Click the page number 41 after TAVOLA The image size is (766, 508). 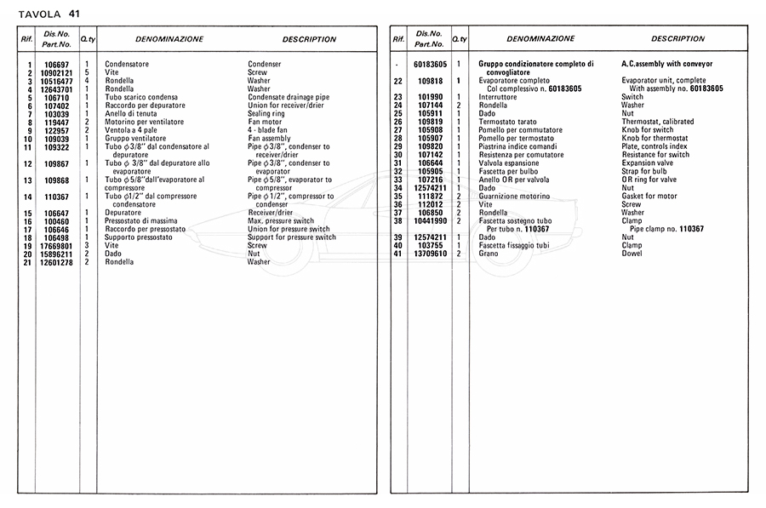tap(75, 14)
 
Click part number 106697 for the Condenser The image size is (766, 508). tap(57, 65)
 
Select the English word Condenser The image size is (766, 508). tap(264, 65)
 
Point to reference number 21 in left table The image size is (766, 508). tap(28, 262)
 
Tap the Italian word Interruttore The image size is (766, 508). tap(500, 97)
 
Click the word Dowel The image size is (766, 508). tap(632, 254)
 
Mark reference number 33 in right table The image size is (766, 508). tap(397, 180)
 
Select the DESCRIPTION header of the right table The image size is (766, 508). tap(677, 39)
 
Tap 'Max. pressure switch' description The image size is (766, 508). tap(281, 221)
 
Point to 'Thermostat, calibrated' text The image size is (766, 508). tap(658, 122)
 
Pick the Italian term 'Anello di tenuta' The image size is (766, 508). tap(133, 114)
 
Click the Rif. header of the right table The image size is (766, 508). tap(398, 39)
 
